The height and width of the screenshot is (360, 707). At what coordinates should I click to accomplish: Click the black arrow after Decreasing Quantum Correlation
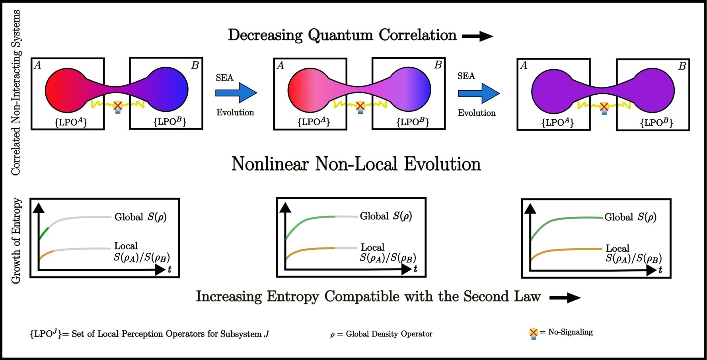click(x=477, y=36)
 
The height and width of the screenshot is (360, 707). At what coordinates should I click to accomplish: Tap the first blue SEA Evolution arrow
click(x=236, y=93)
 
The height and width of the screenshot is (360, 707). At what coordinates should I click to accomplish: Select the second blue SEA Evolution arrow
click(x=479, y=93)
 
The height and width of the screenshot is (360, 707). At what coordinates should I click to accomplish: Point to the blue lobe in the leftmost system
click(x=169, y=90)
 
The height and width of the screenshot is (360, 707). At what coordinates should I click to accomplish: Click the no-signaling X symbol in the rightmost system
click(x=604, y=107)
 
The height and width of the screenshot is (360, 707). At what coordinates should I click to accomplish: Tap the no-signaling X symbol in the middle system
click(x=360, y=106)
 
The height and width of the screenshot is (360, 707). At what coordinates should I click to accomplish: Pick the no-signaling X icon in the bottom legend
click(x=534, y=333)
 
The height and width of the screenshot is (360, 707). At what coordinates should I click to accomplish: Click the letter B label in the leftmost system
click(x=195, y=66)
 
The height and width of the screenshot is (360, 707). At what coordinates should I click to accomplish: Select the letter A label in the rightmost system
click(x=524, y=66)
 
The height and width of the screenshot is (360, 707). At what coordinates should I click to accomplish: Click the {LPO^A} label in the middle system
click(x=314, y=122)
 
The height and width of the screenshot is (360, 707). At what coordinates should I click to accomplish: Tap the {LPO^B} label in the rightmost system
click(x=656, y=123)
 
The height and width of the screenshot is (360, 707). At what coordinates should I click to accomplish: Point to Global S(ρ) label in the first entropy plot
click(x=140, y=217)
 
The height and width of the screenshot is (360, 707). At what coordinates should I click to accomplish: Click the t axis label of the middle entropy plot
click(x=415, y=269)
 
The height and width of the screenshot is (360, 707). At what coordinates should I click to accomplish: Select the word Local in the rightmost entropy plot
click(x=617, y=249)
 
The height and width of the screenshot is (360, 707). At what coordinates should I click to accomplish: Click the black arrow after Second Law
click(x=565, y=298)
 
